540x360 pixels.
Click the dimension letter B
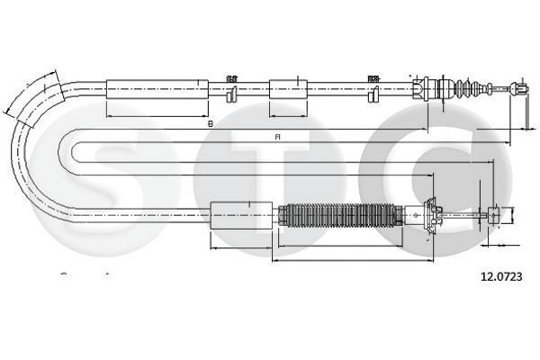(x=210, y=123)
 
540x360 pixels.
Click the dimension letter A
(x=278, y=137)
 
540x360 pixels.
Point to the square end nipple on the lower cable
(x=493, y=215)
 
